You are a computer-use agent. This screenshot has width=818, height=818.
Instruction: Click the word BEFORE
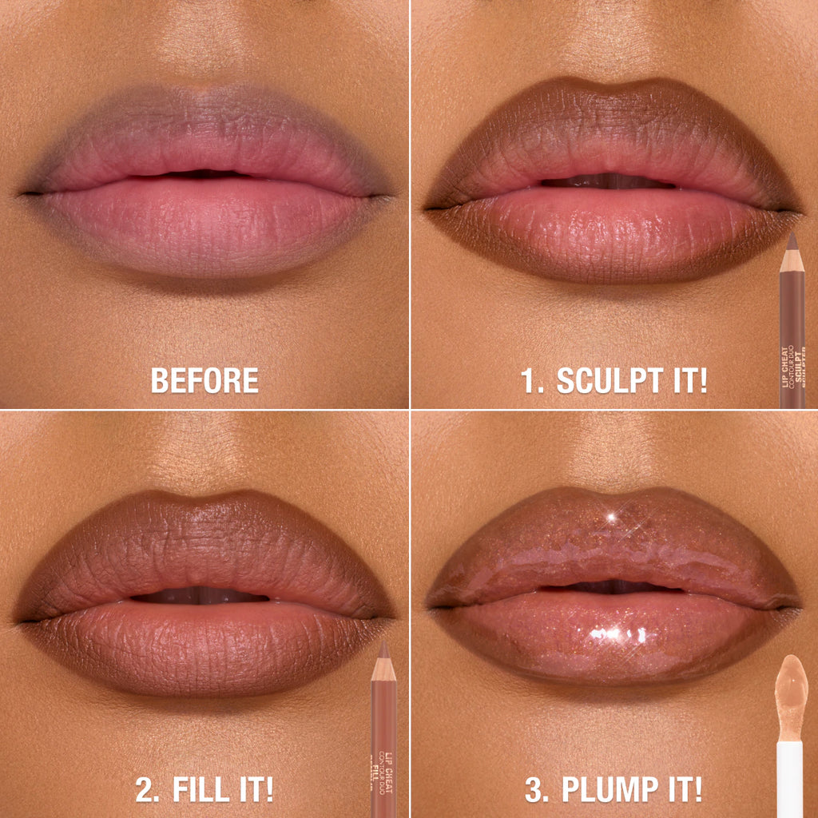pyautogui.click(x=204, y=380)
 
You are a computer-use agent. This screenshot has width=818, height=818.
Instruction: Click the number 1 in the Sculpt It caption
pyautogui.click(x=530, y=380)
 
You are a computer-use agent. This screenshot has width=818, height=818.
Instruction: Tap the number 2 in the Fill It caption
pyautogui.click(x=145, y=789)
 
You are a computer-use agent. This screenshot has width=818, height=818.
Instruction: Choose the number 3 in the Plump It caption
pyautogui.click(x=533, y=789)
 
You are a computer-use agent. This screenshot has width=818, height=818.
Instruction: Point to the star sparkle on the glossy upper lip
pyautogui.click(x=613, y=518)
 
